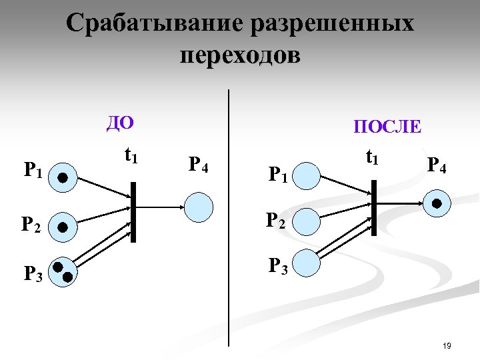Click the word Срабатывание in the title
point(155,25)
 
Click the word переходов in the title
point(240,55)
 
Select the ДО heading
point(121,123)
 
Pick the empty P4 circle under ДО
point(199,207)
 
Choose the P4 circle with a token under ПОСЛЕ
point(437,204)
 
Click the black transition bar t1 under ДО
point(133,211)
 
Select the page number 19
point(447,345)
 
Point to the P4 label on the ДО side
point(199,164)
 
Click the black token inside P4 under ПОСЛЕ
point(437,204)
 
